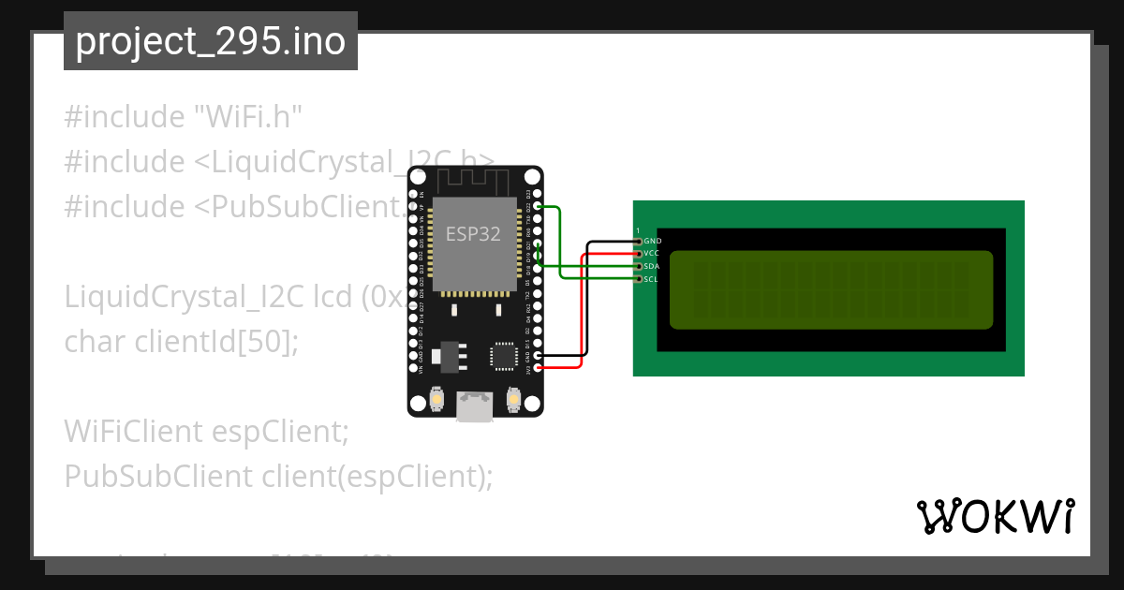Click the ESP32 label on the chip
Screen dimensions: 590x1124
point(473,234)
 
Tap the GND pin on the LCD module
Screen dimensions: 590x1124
point(639,242)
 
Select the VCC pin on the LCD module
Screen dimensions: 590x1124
point(639,254)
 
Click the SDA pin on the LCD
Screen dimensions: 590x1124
point(639,266)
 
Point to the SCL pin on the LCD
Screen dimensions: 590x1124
point(639,278)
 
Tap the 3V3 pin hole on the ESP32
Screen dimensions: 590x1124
point(537,368)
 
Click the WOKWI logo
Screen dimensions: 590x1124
point(995,516)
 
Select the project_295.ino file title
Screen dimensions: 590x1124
point(210,41)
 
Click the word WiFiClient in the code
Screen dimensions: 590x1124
point(133,432)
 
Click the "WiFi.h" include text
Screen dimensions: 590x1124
point(247,117)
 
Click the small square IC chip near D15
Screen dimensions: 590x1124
point(503,356)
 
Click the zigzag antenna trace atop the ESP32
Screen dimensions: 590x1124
point(475,181)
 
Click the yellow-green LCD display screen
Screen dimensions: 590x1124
point(831,289)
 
